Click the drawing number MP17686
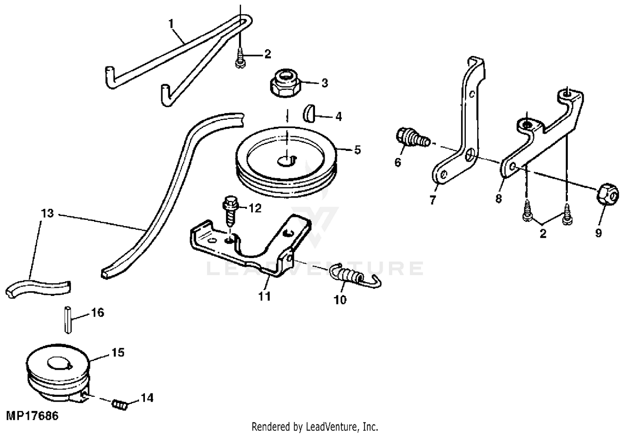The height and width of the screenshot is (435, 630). pos(32,416)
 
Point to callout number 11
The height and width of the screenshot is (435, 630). pos(264,296)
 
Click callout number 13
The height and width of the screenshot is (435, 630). pos(48,214)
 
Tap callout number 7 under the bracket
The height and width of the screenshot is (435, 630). pos(433,199)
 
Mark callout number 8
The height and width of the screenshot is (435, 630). pos(499,198)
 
